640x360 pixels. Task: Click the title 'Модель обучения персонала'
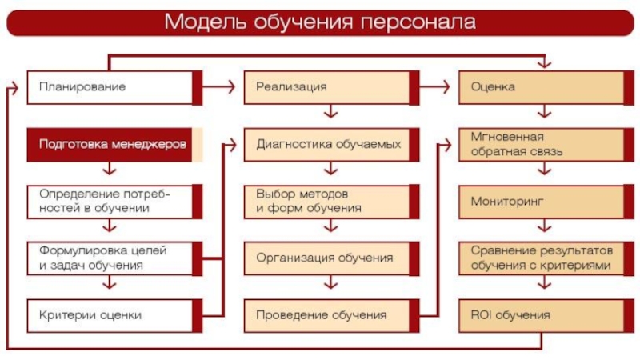coord(320,22)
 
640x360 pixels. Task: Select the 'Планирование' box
coord(114,88)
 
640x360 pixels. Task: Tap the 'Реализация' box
coord(331,88)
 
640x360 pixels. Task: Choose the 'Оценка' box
coord(546,88)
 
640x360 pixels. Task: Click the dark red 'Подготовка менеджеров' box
coord(114,145)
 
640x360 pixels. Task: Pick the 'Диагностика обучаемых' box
coord(331,145)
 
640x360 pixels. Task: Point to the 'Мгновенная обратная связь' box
coord(546,145)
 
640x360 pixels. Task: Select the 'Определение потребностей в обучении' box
coord(114,202)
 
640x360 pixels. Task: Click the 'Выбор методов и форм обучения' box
coord(331,202)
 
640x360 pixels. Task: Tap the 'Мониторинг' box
coord(546,202)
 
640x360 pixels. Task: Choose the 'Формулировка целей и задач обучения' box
coord(114,258)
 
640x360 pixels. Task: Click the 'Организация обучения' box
coord(331,258)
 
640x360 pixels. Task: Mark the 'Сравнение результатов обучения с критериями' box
coord(546,258)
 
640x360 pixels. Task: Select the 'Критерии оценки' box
coord(114,315)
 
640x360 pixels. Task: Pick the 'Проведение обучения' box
coord(331,315)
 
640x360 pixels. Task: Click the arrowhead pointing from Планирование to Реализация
coord(231,86)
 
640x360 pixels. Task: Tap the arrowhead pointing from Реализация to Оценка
coord(446,86)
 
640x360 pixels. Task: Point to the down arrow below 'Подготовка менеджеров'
coord(109,169)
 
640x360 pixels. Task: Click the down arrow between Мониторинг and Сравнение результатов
coord(545,226)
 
